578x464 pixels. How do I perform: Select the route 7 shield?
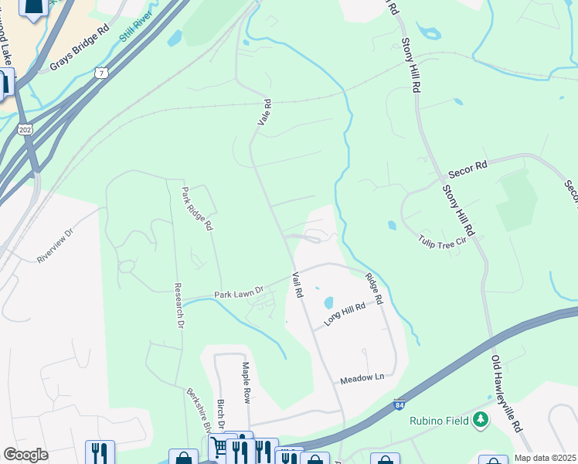point(100,73)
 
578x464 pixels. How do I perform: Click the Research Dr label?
point(179,305)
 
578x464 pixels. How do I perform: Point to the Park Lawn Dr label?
point(239,293)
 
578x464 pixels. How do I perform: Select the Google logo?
point(25,455)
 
